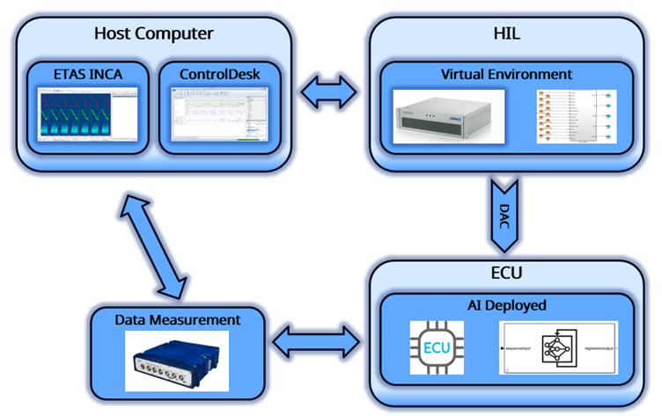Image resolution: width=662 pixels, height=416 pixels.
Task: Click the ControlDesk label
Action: point(219,73)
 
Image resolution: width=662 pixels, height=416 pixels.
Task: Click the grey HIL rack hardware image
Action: point(446,118)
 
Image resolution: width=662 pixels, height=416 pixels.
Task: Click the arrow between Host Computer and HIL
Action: point(329,89)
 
